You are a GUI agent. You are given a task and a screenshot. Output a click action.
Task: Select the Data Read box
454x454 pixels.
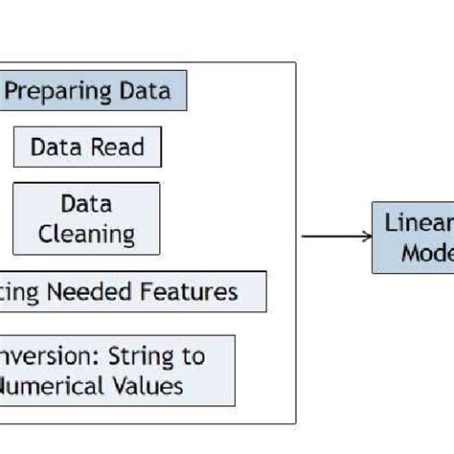[87, 148]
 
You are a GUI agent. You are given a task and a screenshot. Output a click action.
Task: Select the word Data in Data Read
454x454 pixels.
[55, 148]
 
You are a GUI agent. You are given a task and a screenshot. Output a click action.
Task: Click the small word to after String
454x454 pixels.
[193, 358]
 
